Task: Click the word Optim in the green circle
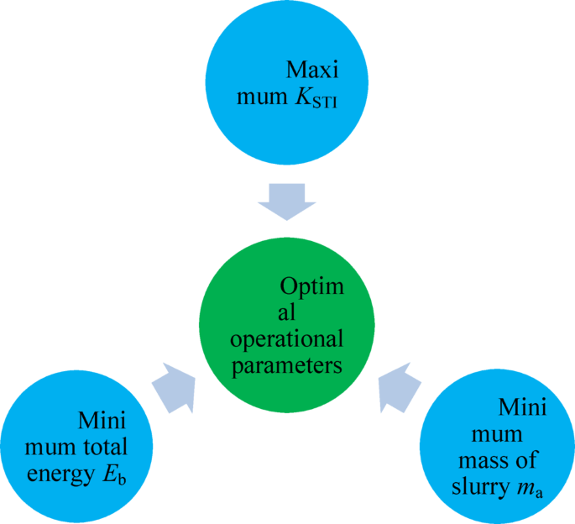pos(311,286)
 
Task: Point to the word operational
pos(288,340)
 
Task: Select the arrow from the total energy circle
pos(174,387)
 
